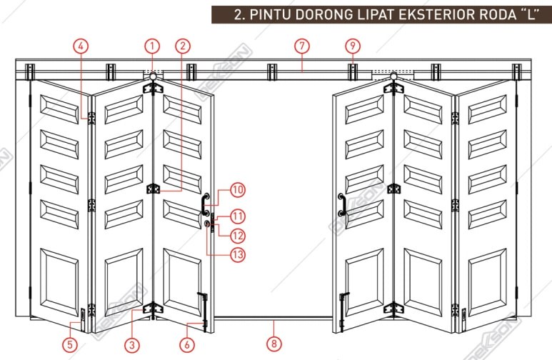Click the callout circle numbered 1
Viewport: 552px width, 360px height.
tap(151, 46)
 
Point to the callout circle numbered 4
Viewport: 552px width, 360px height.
tap(81, 46)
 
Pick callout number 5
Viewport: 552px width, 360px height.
tap(69, 344)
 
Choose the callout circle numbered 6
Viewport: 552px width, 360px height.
tap(187, 344)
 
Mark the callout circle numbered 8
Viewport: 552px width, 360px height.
tap(273, 344)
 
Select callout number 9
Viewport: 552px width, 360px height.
tap(352, 46)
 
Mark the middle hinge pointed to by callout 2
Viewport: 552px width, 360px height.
tap(151, 189)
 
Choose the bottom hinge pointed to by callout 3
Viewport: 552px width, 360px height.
tap(151, 309)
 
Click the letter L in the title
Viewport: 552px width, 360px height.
tap(530, 14)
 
